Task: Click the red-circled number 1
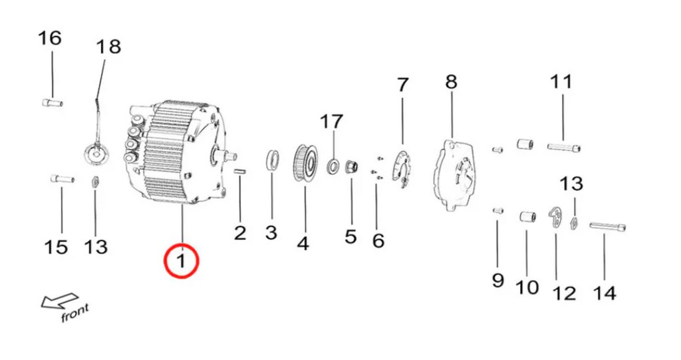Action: (181, 261)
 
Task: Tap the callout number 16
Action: (49, 38)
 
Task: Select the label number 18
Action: (108, 47)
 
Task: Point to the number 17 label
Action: (331, 122)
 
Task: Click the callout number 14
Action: (605, 293)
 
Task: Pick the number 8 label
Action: (452, 82)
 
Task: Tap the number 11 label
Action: (561, 82)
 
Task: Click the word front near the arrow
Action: (74, 313)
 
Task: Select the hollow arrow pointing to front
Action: (59, 300)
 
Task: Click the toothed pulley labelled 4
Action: (306, 163)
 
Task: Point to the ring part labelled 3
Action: (272, 160)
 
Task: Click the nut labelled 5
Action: (351, 167)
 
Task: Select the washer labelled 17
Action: (334, 166)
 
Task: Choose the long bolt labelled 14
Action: (608, 226)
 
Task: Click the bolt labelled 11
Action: (564, 147)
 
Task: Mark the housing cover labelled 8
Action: (454, 175)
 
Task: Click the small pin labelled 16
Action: (53, 103)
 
